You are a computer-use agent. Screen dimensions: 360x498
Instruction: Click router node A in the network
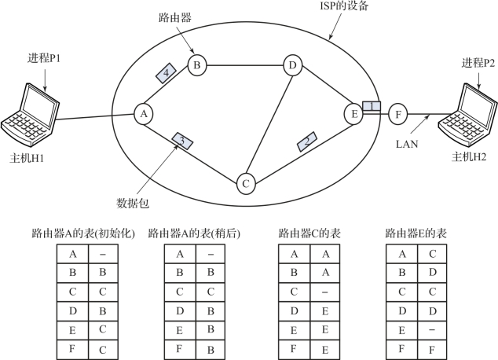[x=143, y=115]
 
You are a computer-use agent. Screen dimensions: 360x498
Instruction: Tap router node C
[x=246, y=184]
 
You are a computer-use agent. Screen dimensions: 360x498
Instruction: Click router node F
[x=398, y=115]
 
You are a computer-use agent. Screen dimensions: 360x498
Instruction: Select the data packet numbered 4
[x=164, y=74]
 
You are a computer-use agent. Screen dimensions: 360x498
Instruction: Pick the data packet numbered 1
[x=372, y=106]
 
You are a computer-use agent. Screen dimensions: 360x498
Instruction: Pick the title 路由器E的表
[x=416, y=233]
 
